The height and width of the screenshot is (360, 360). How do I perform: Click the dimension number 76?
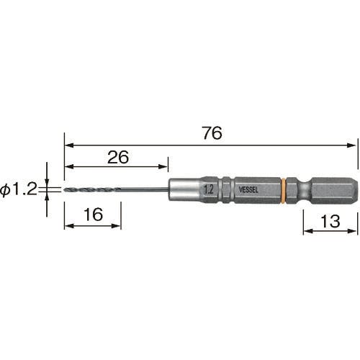click(212, 133)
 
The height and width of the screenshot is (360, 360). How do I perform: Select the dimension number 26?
click(118, 157)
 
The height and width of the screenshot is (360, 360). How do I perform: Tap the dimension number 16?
click(94, 215)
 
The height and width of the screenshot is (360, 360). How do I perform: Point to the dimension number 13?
click(330, 221)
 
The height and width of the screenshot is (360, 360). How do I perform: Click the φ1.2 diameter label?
click(19, 189)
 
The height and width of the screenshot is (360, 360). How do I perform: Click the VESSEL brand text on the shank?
click(248, 190)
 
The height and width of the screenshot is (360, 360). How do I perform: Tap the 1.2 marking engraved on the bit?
click(209, 189)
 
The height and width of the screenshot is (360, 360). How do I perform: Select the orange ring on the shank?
click(283, 191)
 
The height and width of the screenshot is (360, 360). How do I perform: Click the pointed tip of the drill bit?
click(65, 190)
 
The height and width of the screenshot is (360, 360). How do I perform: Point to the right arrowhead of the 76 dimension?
click(351, 145)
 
